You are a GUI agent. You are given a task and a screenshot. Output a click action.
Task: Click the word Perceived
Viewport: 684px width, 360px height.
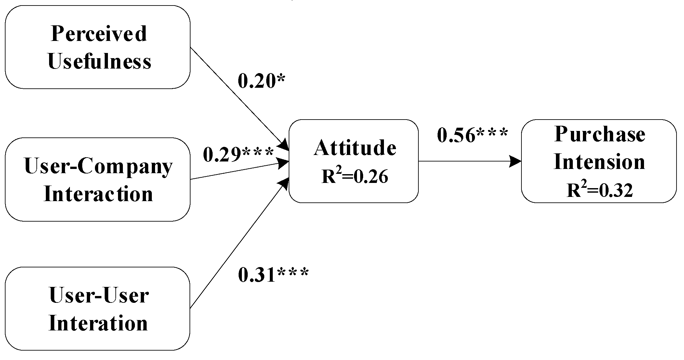(x=99, y=34)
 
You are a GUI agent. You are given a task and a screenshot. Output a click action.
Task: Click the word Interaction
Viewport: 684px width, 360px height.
(x=98, y=194)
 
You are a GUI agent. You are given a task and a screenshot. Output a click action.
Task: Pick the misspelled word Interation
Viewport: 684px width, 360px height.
(x=98, y=324)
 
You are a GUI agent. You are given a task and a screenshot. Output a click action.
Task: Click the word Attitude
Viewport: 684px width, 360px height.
(x=355, y=148)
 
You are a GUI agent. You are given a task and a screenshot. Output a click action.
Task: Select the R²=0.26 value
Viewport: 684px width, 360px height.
(x=355, y=176)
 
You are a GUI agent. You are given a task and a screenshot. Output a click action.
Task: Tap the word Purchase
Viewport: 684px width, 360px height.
(x=600, y=134)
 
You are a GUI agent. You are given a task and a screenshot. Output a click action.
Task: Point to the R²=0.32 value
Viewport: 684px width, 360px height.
(x=600, y=190)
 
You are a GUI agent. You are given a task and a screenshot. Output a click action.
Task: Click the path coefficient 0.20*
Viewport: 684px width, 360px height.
(x=261, y=81)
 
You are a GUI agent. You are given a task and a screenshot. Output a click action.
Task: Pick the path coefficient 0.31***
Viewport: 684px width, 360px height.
(x=273, y=275)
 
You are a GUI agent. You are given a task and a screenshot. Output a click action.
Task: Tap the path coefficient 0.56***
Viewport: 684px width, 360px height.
(x=472, y=135)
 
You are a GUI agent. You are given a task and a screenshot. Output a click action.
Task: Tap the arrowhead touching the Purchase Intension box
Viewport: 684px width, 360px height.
(x=515, y=161)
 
